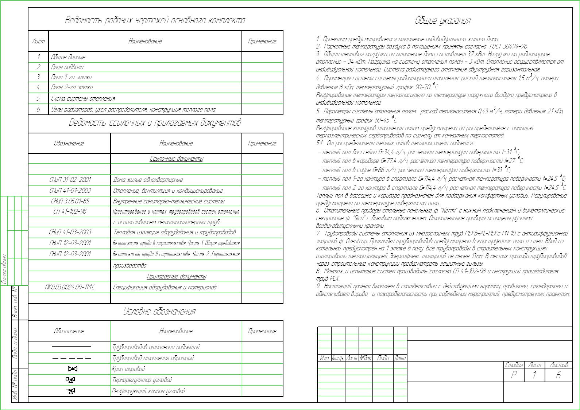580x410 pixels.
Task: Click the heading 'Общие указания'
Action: point(442,21)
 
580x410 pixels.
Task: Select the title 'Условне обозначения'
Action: point(159,312)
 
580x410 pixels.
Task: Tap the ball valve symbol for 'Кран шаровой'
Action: point(72,369)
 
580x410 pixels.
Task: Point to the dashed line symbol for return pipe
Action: point(72,358)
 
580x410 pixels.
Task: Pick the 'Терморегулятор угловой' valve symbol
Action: point(71,380)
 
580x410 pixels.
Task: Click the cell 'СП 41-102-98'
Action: point(69,211)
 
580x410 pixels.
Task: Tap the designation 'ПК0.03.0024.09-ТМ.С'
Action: point(69,288)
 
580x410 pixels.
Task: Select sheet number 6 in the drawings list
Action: point(38,109)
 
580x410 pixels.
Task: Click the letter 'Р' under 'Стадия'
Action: point(514,375)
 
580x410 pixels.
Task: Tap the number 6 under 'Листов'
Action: point(558,375)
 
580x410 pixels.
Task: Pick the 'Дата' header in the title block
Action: point(400,358)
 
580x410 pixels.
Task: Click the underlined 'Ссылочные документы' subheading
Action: point(176,159)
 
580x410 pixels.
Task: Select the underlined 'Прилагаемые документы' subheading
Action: point(176,277)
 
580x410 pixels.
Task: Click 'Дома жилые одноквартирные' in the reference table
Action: point(148,180)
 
